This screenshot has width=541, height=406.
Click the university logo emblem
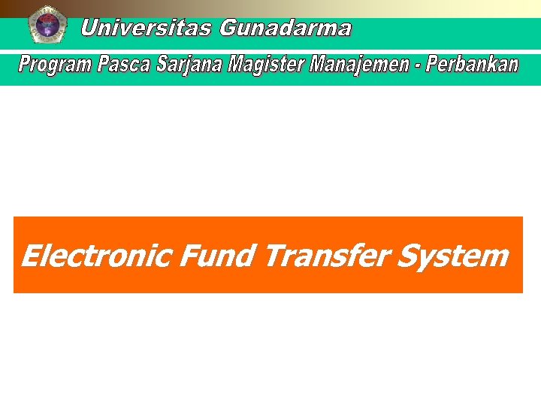(x=47, y=24)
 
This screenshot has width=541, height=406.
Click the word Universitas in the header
(x=147, y=29)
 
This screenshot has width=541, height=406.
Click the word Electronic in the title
(x=97, y=256)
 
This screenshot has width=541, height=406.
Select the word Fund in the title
(x=218, y=256)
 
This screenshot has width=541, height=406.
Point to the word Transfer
(x=326, y=256)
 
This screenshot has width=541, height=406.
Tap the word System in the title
(x=452, y=256)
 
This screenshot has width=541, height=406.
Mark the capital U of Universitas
(x=89, y=29)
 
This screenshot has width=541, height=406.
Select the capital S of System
(x=407, y=256)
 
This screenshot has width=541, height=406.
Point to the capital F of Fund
(x=189, y=256)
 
